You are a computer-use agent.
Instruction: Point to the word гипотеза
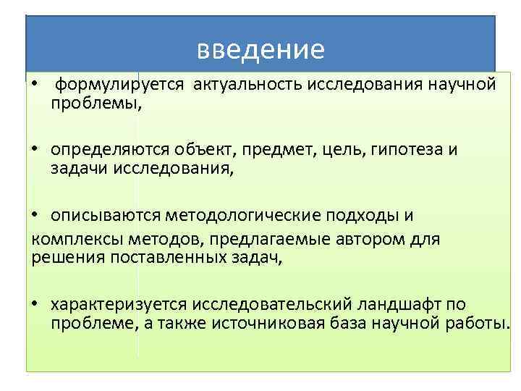407,150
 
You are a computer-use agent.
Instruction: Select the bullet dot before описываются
34,216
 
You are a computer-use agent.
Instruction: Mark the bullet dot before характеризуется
34,303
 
